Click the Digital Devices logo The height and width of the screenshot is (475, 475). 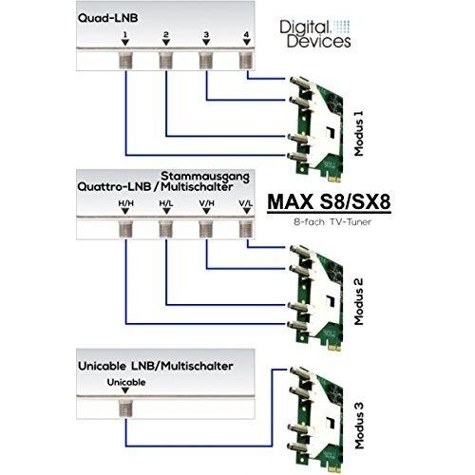(315, 34)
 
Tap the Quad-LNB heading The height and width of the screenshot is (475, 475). (107, 18)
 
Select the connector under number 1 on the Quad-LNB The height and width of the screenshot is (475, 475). (125, 61)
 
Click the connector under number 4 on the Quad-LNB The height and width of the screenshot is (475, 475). (247, 61)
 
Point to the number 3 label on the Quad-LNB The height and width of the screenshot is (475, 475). (206, 34)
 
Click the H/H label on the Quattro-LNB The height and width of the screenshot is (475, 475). (125, 203)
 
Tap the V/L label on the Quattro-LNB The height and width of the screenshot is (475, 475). (246, 203)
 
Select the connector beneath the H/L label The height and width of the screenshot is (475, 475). (166, 229)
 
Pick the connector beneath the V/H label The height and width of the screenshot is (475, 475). (206, 229)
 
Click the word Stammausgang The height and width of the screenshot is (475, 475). (205, 177)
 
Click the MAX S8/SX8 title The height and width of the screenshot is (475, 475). (329, 201)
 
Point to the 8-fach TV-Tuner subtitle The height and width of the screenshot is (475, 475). (332, 222)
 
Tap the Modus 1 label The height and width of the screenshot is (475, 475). (359, 133)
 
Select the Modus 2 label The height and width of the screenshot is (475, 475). (359, 302)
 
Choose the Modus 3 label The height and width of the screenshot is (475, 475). (359, 426)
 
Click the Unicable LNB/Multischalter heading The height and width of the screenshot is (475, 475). (156, 366)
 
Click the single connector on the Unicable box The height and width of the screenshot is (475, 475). (125, 408)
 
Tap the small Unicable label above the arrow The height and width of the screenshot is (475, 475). (126, 382)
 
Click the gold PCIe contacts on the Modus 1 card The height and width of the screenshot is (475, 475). (335, 179)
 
